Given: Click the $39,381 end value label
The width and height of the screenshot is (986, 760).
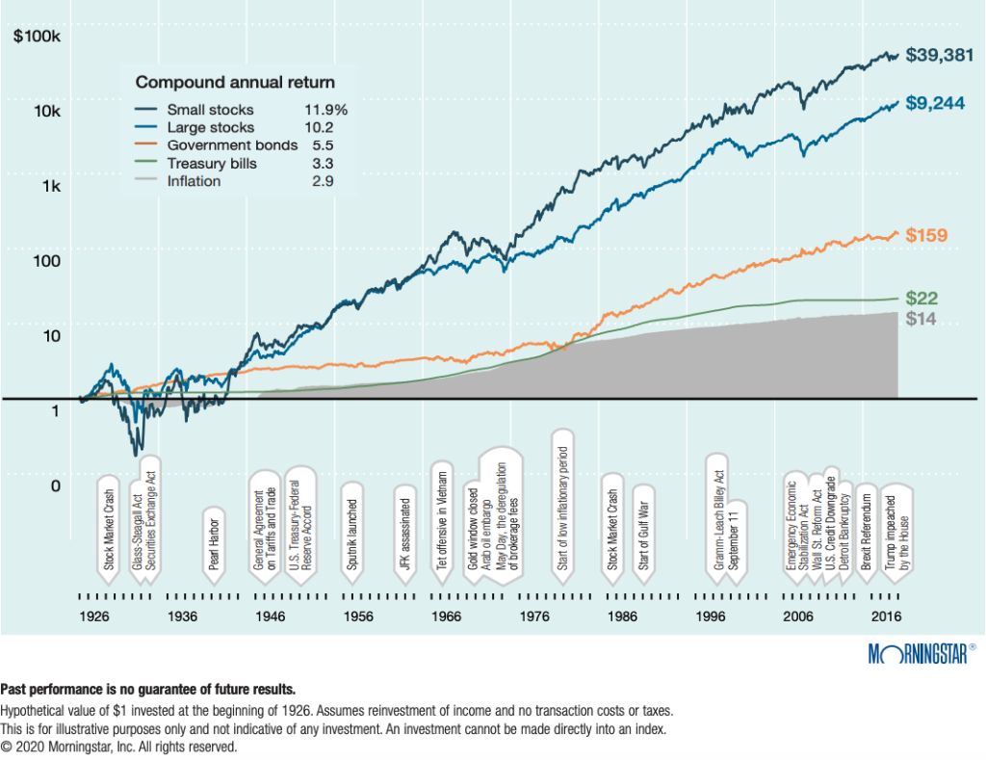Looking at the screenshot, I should pyautogui.click(x=937, y=56).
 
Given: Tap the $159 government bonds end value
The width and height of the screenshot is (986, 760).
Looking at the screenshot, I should pyautogui.click(x=926, y=234).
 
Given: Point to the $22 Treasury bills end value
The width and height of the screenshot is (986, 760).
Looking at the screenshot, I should pyautogui.click(x=921, y=299).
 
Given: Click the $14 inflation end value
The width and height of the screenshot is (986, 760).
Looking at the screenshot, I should pyautogui.click(x=921, y=320).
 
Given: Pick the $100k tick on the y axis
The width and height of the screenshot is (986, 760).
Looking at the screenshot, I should pyautogui.click(x=37, y=37).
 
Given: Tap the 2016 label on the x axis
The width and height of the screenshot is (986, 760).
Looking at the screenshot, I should pyautogui.click(x=883, y=616).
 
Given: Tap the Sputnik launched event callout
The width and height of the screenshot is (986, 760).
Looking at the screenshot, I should pyautogui.click(x=353, y=536).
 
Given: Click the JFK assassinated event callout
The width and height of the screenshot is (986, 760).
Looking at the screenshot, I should pyautogui.click(x=405, y=536).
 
